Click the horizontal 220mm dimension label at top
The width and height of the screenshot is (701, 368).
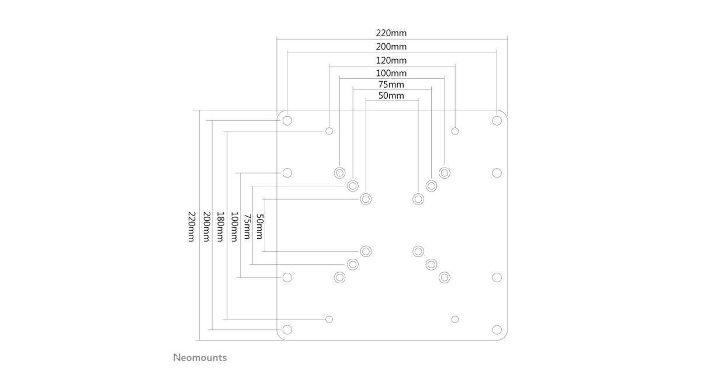[391, 33]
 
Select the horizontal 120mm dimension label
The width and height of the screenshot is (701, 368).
[391, 60]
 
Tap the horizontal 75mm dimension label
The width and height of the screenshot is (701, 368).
[391, 84]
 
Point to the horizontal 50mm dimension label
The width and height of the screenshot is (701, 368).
[391, 95]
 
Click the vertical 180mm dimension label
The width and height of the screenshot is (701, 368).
[220, 226]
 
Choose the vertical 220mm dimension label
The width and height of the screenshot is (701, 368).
[191, 226]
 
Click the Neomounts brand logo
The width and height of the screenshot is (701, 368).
[200, 357]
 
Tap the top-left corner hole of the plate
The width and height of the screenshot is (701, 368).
[287, 120]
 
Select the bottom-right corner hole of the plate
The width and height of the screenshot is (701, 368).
[497, 329]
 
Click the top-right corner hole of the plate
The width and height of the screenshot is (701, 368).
[497, 120]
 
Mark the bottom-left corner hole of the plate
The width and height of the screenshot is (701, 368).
[287, 329]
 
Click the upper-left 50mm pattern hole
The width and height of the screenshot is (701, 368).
[366, 199]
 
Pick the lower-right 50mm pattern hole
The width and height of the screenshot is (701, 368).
[418, 251]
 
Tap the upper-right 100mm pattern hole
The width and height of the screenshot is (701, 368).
[445, 172]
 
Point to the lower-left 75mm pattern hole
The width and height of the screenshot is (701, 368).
[352, 264]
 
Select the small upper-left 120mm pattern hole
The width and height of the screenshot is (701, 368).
[329, 130]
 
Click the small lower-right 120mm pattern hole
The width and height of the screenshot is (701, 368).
[455, 319]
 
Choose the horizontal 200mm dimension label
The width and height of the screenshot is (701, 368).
[391, 46]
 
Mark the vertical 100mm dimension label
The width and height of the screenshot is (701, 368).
[234, 226]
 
